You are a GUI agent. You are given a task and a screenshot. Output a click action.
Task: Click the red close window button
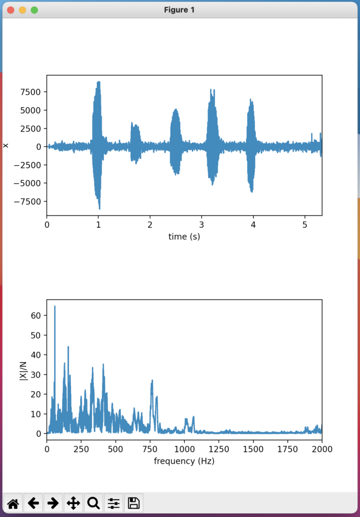11,10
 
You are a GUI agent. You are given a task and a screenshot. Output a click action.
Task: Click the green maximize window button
34,10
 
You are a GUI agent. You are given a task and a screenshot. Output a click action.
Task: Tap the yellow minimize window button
22,10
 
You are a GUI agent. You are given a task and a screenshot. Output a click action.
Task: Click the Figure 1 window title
179,10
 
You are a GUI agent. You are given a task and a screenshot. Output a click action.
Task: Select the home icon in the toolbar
13,503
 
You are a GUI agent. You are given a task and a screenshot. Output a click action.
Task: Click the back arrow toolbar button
33,503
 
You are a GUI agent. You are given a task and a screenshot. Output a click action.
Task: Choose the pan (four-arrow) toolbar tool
73,503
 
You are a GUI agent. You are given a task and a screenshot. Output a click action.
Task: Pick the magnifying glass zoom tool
93,503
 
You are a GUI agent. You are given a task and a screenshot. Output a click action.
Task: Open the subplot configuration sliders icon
114,503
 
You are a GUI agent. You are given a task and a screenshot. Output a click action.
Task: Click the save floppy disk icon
134,503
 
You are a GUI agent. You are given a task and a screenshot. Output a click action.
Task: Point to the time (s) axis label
184,236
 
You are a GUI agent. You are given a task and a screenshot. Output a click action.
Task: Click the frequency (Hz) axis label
184,461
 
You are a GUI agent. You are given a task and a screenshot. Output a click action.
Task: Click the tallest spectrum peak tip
55,306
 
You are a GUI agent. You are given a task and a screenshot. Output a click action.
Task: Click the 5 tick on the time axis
305,224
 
